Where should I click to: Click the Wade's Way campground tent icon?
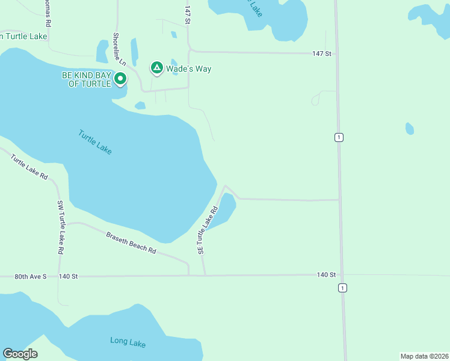pyautogui.click(x=156, y=69)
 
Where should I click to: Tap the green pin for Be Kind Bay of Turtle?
pyautogui.click(x=120, y=78)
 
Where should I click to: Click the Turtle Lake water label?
pyautogui.click(x=95, y=142)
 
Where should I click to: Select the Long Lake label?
pyautogui.click(x=128, y=342)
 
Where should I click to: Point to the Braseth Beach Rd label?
pyautogui.click(x=131, y=242)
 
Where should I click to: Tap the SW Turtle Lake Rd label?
pyautogui.click(x=60, y=227)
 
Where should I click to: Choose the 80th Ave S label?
pyautogui.click(x=30, y=276)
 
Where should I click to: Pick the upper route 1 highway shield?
pyautogui.click(x=339, y=137)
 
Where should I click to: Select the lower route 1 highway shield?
pyautogui.click(x=342, y=288)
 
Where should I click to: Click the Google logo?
pyautogui.click(x=20, y=354)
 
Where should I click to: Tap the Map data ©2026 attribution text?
pyautogui.click(x=424, y=356)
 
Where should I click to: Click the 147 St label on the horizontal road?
pyautogui.click(x=321, y=54)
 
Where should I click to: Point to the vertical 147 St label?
pyautogui.click(x=188, y=15)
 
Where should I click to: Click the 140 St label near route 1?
pyautogui.click(x=326, y=274)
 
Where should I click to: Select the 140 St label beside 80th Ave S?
pyautogui.click(x=68, y=276)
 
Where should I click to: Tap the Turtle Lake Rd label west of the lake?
pyautogui.click(x=29, y=166)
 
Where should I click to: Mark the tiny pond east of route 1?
pyautogui.click(x=409, y=128)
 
